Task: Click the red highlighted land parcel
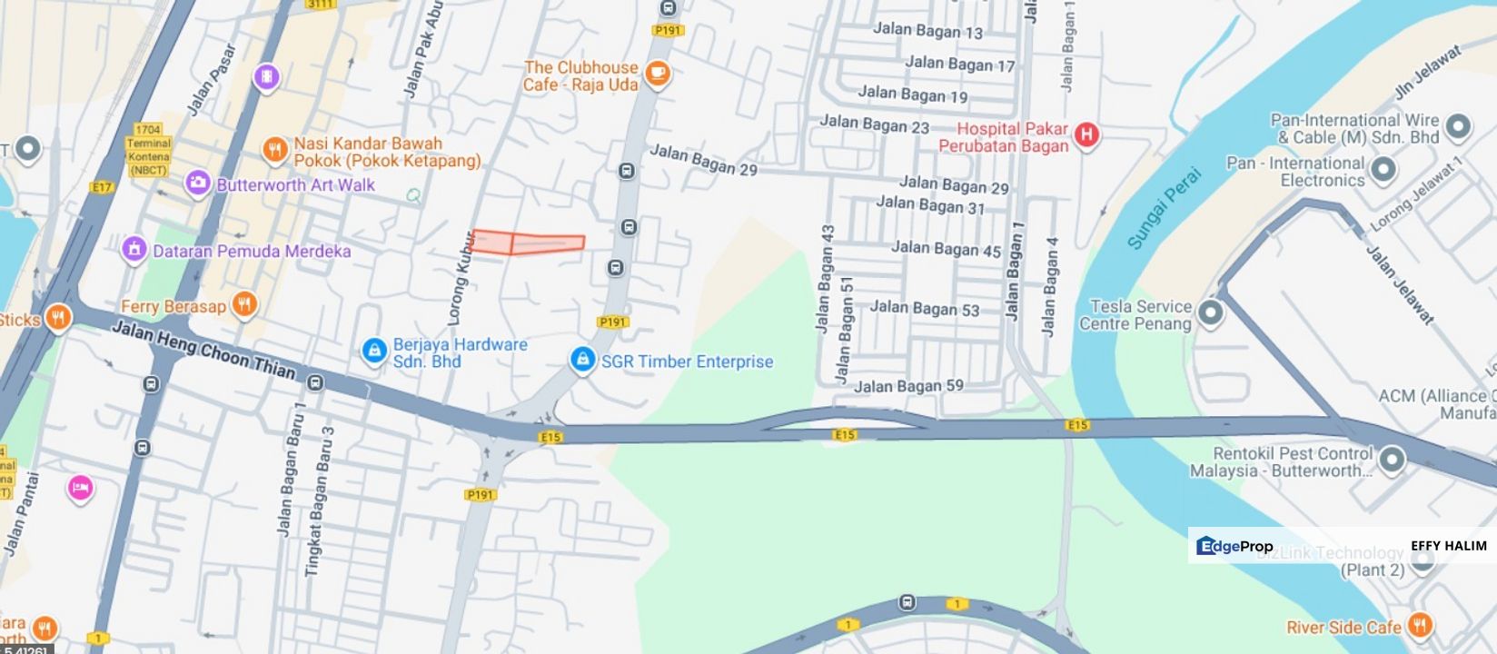(527, 243)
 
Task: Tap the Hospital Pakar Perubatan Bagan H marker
(1086, 135)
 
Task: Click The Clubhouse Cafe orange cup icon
(658, 74)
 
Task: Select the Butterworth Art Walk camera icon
(198, 183)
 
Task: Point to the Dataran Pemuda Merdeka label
(252, 251)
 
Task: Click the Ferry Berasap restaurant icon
(243, 304)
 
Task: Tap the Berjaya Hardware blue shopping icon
(373, 351)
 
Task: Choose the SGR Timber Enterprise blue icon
(582, 360)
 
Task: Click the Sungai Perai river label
(1164, 208)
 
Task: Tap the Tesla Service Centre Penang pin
(1210, 313)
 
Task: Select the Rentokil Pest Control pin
(1391, 460)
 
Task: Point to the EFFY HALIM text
(1449, 546)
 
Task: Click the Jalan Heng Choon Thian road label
(203, 349)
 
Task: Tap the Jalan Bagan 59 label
(908, 386)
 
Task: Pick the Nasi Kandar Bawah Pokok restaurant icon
(274, 150)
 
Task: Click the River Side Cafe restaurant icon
(1421, 625)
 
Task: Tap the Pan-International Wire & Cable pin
(1458, 126)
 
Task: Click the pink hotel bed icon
(80, 489)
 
